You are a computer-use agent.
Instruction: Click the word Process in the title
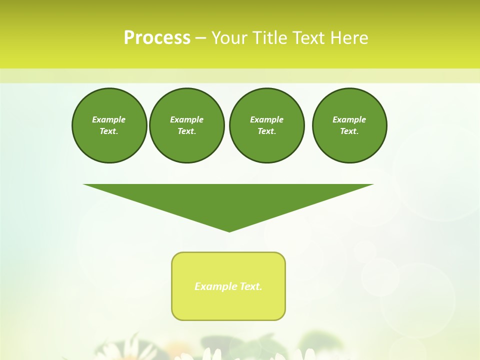[157, 38]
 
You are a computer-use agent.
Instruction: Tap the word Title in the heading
[270, 38]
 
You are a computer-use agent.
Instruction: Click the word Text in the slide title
[309, 38]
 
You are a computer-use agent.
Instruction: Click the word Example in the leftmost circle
[109, 119]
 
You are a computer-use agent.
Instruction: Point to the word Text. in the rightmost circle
[349, 131]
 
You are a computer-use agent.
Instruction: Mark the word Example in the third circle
[266, 119]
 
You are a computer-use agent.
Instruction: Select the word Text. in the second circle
[186, 131]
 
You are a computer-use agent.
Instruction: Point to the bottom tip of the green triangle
[229, 230]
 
